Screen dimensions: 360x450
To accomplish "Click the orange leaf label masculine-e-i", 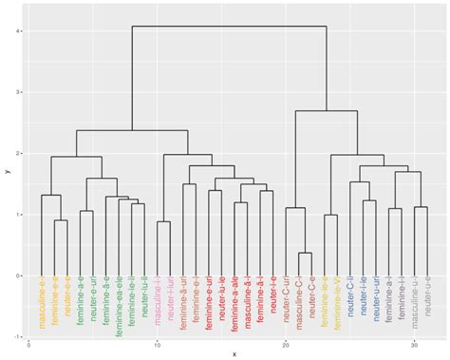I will pyautogui.click(x=42, y=304).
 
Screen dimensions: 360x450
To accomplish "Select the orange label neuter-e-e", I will pyautogui.click(x=67, y=300).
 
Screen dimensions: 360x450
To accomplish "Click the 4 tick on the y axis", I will pyautogui.click(x=20, y=31).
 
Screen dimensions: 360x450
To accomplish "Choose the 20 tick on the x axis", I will pyautogui.click(x=286, y=346).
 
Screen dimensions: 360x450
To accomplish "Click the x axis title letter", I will pyautogui.click(x=234, y=354).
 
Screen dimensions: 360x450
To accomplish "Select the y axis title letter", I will pyautogui.click(x=6, y=171).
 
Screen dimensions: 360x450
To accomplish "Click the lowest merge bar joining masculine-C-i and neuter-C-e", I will pyautogui.click(x=306, y=253).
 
